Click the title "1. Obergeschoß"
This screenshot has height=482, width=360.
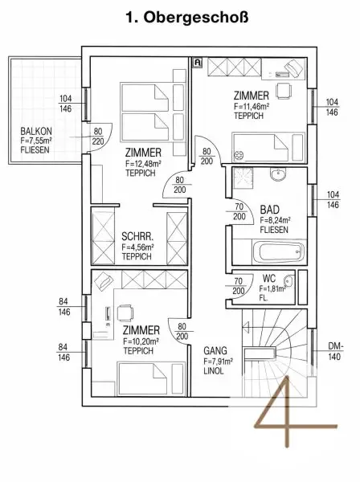(x=187, y=18)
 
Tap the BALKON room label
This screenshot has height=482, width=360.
(x=36, y=131)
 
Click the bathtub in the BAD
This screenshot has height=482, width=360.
(x=279, y=252)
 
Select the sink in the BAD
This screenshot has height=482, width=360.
(x=279, y=174)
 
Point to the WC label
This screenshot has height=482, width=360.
(x=269, y=279)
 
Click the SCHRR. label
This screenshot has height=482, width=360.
(x=137, y=237)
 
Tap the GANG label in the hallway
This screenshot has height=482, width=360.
(x=215, y=351)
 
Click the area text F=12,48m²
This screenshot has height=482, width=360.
(x=144, y=163)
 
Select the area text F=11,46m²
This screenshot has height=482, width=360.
(x=252, y=106)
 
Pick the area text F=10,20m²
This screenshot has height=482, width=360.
(x=141, y=341)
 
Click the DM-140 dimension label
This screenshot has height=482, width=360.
(x=336, y=351)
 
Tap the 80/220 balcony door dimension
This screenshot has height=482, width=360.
(x=98, y=137)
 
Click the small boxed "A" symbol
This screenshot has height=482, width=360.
(x=198, y=63)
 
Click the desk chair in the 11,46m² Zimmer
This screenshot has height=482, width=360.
(x=284, y=91)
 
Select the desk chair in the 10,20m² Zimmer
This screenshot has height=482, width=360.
(x=125, y=313)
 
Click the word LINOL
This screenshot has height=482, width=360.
(x=214, y=370)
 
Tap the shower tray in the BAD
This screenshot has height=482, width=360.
(x=243, y=178)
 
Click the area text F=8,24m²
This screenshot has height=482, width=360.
(x=276, y=220)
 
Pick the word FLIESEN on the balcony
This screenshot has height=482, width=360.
(x=35, y=150)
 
